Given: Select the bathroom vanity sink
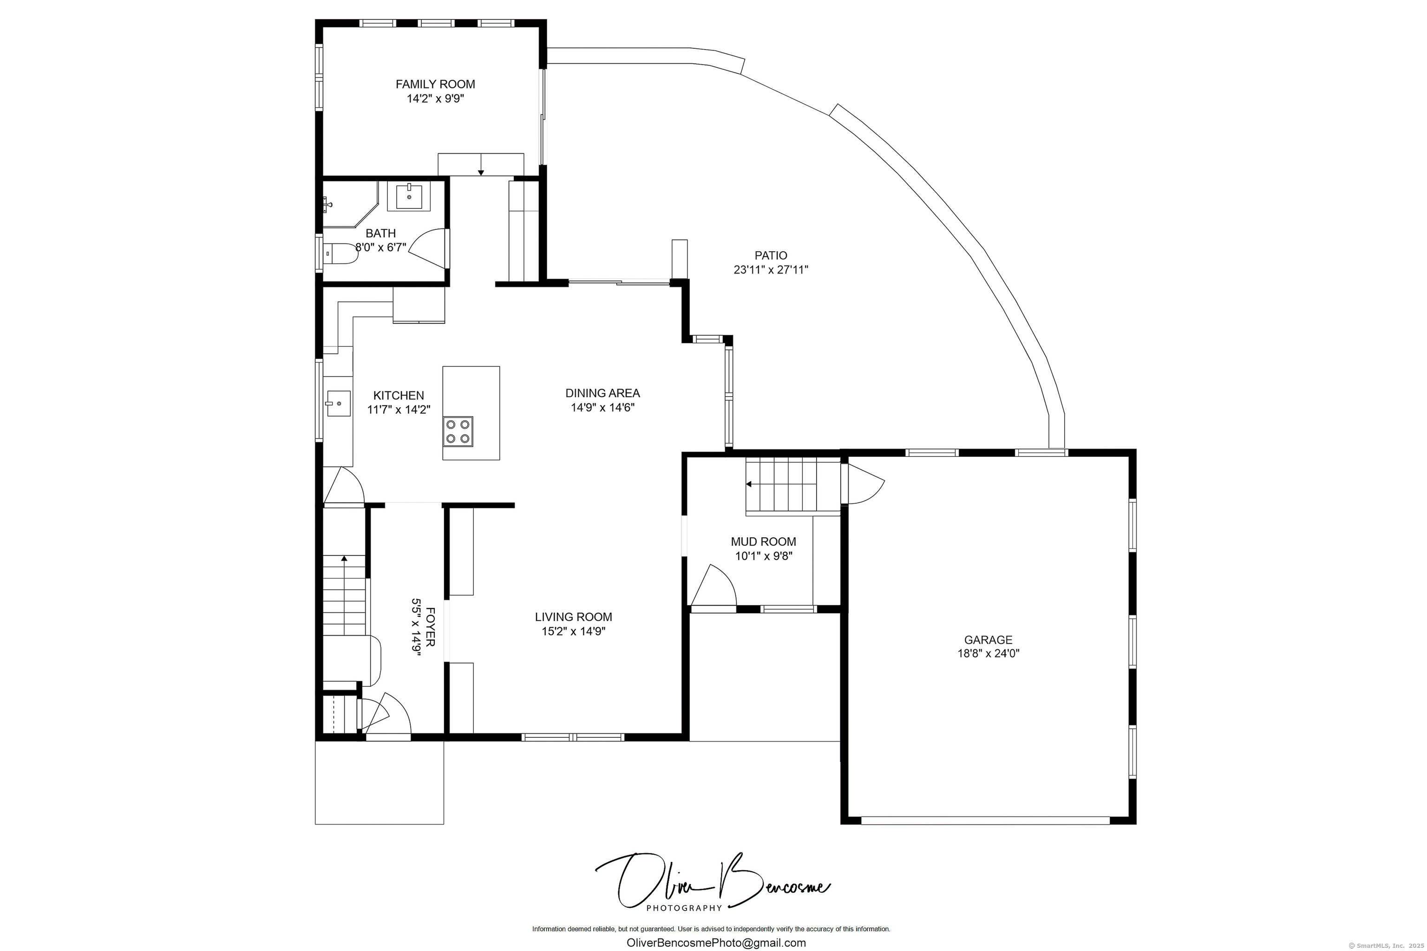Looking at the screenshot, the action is click(x=409, y=195).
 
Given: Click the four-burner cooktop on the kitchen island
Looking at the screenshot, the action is click(x=458, y=431).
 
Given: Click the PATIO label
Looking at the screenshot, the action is click(x=771, y=256).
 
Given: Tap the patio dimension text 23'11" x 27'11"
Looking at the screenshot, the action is click(x=771, y=270).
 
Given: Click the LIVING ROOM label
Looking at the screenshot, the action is click(x=573, y=617).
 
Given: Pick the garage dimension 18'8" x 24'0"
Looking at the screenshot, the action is click(x=988, y=654).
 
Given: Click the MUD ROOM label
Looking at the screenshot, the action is click(x=763, y=541).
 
